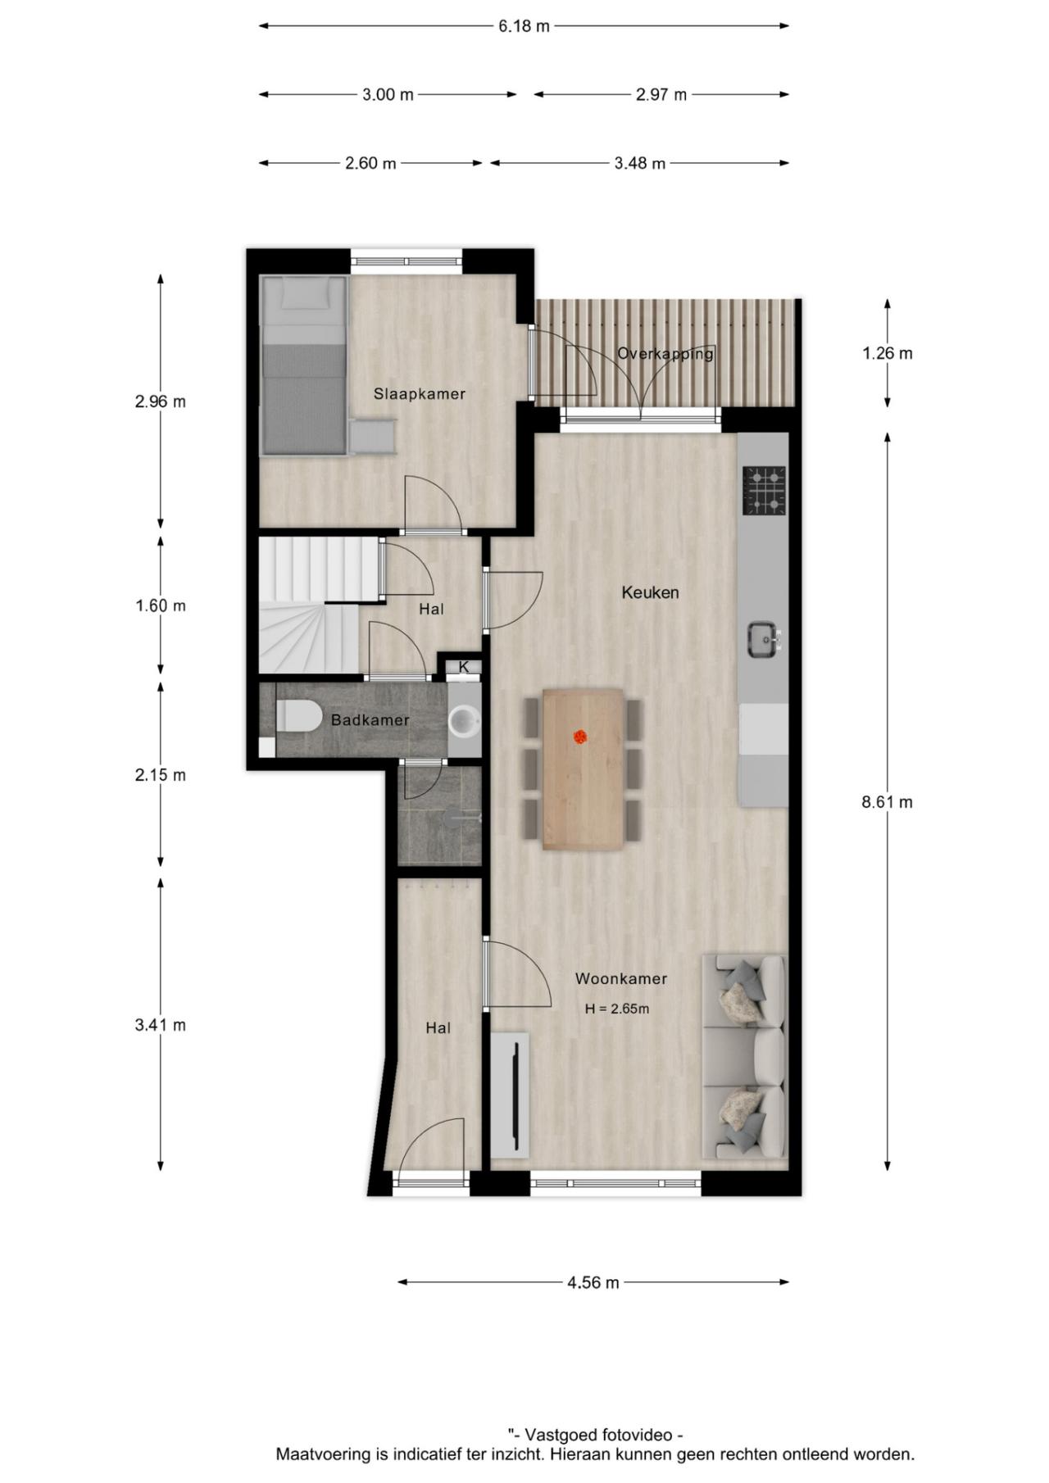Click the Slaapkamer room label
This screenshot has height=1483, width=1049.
(419, 394)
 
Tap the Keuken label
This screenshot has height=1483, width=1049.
(650, 592)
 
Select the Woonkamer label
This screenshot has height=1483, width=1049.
(620, 978)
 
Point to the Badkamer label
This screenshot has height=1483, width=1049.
(370, 720)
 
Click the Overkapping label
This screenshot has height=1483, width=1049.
(665, 354)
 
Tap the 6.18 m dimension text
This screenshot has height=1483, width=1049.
(524, 26)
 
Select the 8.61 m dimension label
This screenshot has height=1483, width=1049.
(887, 802)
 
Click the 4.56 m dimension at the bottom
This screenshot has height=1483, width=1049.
(593, 1282)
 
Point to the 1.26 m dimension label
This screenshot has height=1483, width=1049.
(887, 353)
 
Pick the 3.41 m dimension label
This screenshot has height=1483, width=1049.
(161, 1025)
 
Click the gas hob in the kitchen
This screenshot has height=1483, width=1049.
(764, 490)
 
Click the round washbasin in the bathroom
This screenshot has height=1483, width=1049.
(464, 721)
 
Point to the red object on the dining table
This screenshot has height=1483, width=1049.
(581, 737)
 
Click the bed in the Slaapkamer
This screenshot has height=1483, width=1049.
(304, 365)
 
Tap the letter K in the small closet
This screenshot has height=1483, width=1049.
(464, 667)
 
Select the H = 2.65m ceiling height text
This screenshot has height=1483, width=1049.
(616, 1009)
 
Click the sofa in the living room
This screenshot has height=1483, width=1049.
(744, 1057)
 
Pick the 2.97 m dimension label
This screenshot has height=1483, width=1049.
(661, 95)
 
